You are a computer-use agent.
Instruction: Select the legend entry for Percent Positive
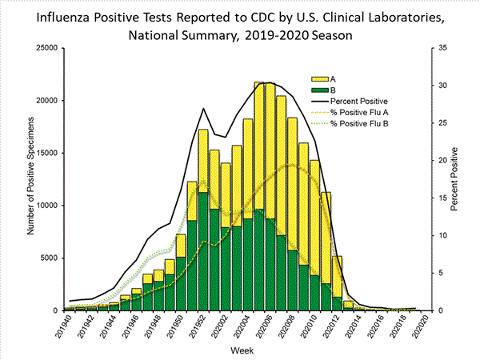point(364,102)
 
